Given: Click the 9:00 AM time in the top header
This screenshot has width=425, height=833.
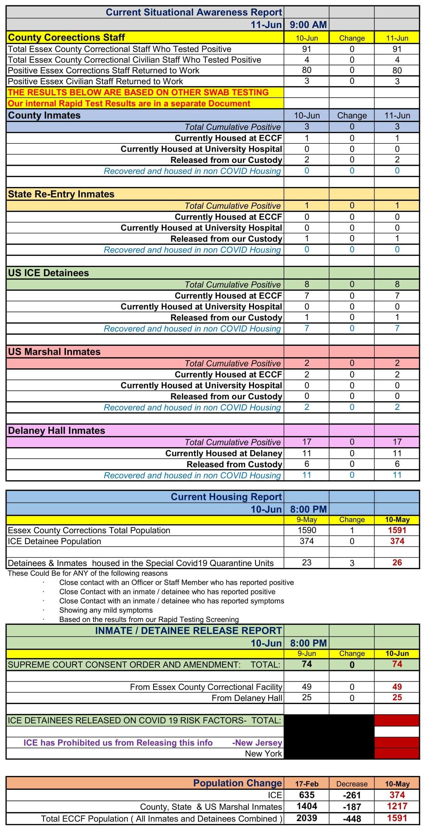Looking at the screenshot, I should click(x=308, y=25).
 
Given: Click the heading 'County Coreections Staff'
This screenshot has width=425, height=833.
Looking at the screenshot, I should click(x=66, y=37).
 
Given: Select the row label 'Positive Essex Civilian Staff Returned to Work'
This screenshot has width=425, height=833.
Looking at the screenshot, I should click(x=95, y=81).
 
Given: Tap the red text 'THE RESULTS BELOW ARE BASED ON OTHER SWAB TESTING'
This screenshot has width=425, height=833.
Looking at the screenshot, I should click(x=138, y=92).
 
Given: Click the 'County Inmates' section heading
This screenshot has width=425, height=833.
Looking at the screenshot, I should click(x=44, y=115).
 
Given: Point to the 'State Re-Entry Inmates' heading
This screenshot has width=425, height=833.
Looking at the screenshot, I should click(x=61, y=194).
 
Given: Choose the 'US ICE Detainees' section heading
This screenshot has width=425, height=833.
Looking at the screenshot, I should click(x=49, y=273).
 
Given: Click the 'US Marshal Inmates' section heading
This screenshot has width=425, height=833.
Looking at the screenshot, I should click(x=54, y=352).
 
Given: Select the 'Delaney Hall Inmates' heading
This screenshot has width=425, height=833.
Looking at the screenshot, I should click(x=56, y=431).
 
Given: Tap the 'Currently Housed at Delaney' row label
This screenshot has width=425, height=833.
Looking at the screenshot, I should click(x=224, y=453).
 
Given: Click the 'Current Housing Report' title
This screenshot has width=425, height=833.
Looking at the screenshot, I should click(x=226, y=497).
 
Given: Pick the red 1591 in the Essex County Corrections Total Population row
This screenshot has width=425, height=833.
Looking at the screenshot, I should click(x=397, y=530).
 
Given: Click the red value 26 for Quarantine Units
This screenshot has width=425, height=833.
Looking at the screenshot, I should click(x=397, y=563).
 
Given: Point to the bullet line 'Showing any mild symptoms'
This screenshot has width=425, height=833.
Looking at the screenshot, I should click(x=106, y=610).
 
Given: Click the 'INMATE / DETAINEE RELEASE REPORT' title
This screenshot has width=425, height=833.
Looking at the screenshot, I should click(x=188, y=631).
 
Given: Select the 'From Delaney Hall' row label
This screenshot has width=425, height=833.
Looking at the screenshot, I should click(x=247, y=698).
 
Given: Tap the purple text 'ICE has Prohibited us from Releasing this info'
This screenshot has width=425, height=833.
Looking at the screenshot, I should click(x=118, y=743).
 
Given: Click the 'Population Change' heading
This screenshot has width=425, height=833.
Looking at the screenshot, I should click(x=237, y=783).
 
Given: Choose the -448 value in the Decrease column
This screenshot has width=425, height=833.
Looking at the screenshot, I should click(x=352, y=818).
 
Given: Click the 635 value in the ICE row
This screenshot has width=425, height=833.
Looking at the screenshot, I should click(x=307, y=795).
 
